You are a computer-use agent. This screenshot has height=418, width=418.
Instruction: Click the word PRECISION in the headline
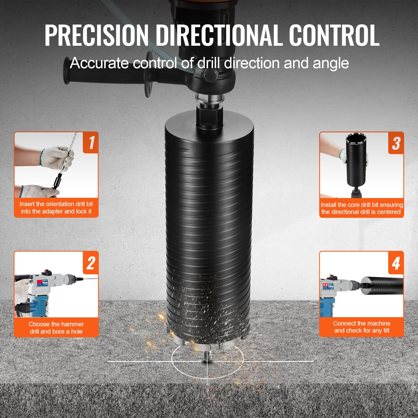96,35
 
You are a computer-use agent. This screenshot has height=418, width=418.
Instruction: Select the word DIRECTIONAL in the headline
219,35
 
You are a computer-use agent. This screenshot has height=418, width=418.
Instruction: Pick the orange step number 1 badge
91,143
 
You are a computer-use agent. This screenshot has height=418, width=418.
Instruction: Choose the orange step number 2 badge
91,263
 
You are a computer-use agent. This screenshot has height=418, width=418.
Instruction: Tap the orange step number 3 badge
396,143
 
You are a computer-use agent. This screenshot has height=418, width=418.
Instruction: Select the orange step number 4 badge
396,263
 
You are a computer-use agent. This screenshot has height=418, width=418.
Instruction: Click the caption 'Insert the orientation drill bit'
56,204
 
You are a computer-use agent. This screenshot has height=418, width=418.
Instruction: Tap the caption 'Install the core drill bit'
362,205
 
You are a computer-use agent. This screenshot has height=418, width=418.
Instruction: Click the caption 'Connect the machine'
362,323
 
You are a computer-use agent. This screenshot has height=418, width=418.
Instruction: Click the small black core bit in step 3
357,162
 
